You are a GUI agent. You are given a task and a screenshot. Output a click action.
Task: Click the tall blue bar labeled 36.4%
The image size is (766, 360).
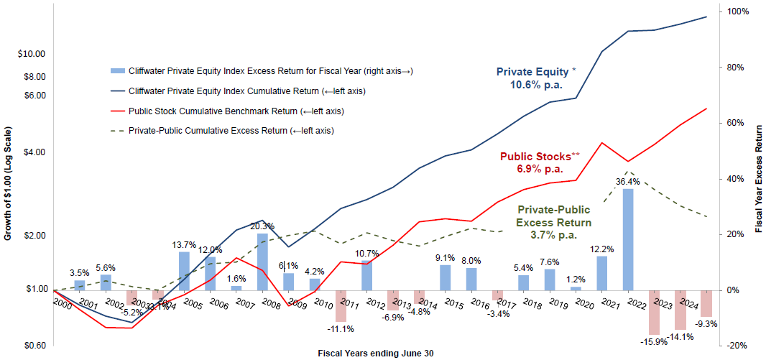pos(628,239)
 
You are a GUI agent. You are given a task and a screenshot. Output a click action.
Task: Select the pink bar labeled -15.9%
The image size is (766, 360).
pos(654,312)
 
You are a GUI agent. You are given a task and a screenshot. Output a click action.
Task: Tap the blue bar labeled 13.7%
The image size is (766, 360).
pos(184,271)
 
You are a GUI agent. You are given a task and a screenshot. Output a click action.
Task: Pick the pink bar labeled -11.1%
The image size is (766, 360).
pos(341,305)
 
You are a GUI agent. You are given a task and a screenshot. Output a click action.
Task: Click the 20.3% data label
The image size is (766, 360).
pos(262,226)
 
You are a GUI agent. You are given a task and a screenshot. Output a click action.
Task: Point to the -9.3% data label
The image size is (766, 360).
pos(706,324)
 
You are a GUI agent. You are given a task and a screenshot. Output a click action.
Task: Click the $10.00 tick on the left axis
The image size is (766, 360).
pos(31,54)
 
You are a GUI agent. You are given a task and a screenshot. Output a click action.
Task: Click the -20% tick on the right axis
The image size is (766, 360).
pos(738,346)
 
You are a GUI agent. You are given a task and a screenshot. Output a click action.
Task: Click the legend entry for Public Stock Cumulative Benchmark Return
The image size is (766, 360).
pos(236,111)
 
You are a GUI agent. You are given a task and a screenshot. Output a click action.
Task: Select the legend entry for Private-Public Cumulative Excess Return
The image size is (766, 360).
pos(231,131)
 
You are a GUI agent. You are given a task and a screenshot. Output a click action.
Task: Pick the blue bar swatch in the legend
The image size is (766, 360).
pos(118,71)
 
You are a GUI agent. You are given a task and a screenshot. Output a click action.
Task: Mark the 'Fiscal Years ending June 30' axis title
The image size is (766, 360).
pos(376,354)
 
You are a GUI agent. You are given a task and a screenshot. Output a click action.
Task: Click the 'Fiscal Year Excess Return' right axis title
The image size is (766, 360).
pos(760,177)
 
